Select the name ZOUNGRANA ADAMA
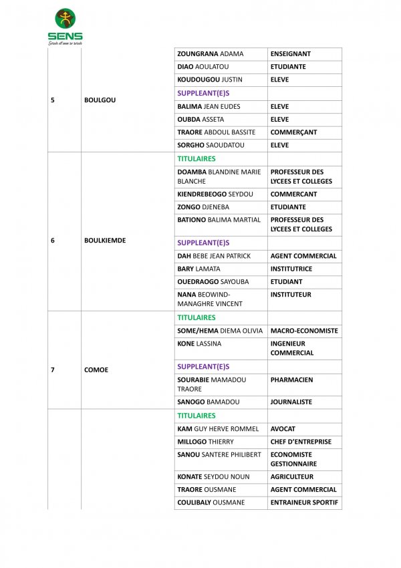click(x=211, y=54)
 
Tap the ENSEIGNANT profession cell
click(x=291, y=54)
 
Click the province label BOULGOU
click(x=100, y=100)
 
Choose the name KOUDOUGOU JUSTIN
click(x=209, y=80)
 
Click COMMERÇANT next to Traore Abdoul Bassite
click(x=294, y=132)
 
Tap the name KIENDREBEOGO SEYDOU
click(x=219, y=194)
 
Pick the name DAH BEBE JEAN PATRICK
click(x=214, y=256)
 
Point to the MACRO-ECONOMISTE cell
click(x=304, y=331)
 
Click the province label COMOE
click(x=96, y=370)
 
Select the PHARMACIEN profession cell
click(x=291, y=380)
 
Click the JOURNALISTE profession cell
click(x=291, y=402)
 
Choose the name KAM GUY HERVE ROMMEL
click(x=218, y=429)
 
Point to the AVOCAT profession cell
click(x=283, y=429)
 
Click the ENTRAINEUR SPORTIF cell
click(x=304, y=503)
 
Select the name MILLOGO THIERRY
click(x=206, y=442)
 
